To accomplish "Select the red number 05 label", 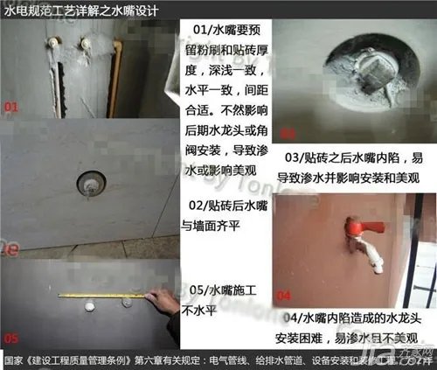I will point(13,337).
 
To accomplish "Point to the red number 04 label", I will point(284,294).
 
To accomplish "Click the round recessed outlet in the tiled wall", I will point(90,185).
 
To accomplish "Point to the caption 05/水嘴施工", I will point(221,298).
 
